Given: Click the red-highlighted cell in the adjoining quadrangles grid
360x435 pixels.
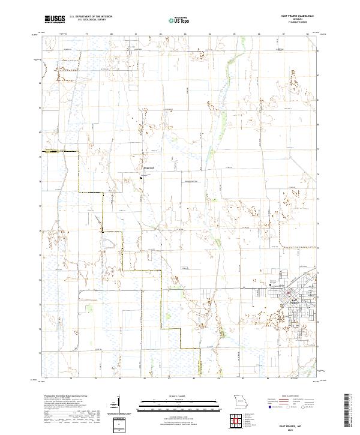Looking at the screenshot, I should (235, 422).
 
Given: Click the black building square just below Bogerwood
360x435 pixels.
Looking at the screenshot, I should (142, 176).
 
